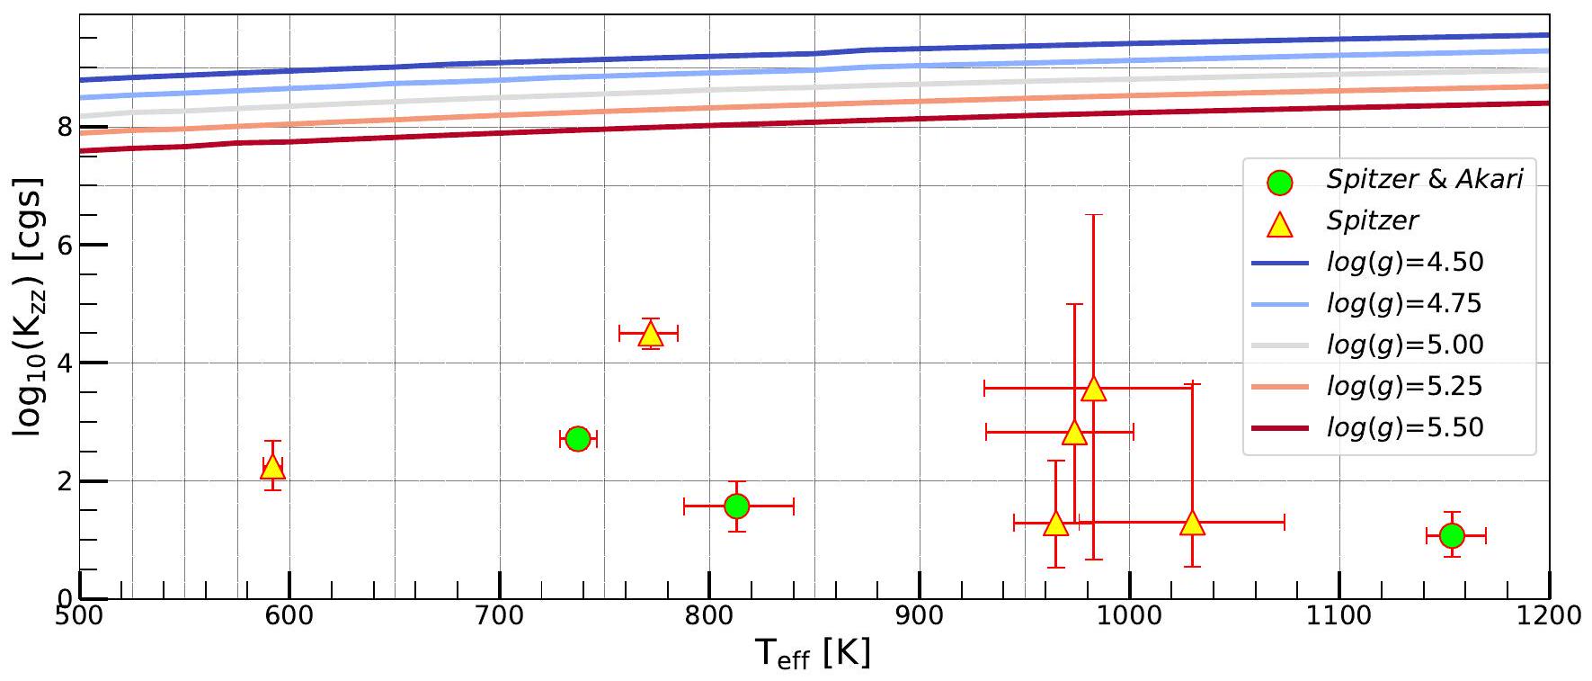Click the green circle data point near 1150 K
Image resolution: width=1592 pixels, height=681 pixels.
pos(1452,536)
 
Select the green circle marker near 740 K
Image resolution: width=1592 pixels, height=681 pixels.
pos(578,439)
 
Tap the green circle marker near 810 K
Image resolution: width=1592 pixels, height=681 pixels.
pos(736,506)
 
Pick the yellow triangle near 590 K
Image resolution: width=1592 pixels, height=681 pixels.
pos(272,467)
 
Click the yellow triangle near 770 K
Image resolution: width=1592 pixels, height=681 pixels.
pos(651,335)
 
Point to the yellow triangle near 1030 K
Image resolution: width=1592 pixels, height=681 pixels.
pos(1192,523)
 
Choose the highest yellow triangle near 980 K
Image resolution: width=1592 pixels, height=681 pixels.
pos(1094,389)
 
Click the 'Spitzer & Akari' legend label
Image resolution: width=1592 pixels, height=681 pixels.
pos(1424,180)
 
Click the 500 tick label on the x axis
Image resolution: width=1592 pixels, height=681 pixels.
pos(80,615)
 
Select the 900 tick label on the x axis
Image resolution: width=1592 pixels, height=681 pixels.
pos(920,615)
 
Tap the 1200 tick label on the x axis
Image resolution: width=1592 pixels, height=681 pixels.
pos(1548,615)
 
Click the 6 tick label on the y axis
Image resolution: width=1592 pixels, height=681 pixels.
pos(64,245)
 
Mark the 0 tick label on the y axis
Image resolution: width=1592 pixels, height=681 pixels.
pos(64,598)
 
